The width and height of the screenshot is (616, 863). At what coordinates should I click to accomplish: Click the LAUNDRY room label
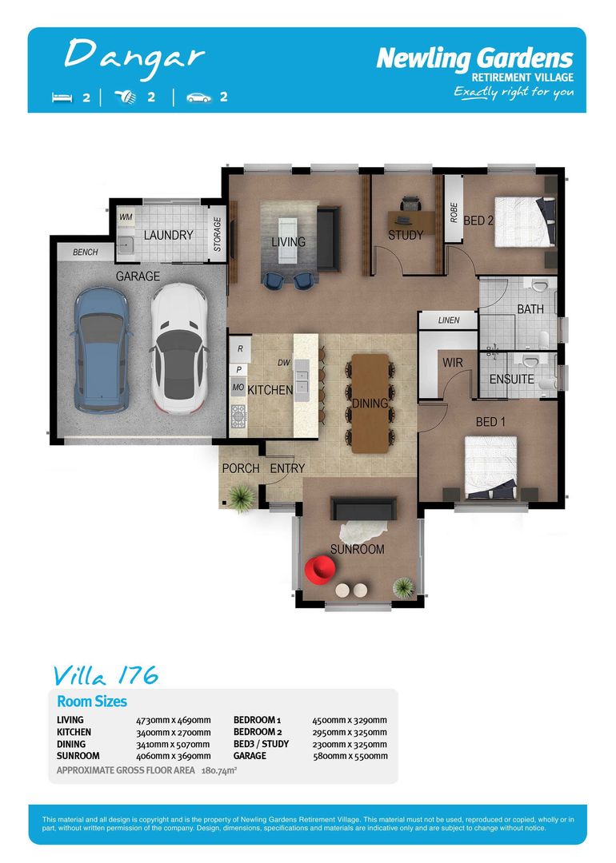[168, 235]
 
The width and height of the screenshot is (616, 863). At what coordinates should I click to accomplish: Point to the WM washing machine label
[126, 217]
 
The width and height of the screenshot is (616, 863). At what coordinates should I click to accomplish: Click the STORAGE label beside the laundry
[217, 233]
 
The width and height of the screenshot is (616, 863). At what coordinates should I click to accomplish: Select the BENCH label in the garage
[86, 253]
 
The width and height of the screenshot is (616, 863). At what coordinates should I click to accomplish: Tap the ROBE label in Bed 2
[454, 212]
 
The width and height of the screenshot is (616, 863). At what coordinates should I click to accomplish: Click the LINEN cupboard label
[449, 320]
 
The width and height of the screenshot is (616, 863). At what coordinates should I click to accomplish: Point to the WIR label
[454, 363]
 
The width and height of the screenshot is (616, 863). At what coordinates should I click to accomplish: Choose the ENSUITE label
[512, 379]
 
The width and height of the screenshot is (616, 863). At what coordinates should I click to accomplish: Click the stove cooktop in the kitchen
[238, 415]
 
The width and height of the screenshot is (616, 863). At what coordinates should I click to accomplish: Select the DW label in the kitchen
[283, 362]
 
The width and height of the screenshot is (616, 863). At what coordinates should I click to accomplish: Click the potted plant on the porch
[246, 498]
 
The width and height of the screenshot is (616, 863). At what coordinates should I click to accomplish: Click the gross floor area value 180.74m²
[220, 771]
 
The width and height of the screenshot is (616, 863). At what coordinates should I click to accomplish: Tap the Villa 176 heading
[106, 675]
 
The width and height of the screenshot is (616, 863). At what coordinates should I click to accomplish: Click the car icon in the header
[198, 97]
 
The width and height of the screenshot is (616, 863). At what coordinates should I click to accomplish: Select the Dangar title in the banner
[134, 55]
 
